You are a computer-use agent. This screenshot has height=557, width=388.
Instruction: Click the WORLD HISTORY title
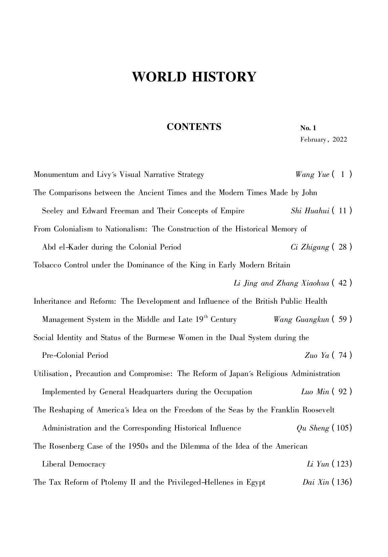click(194, 77)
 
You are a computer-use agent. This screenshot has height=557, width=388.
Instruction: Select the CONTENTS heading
click(194, 127)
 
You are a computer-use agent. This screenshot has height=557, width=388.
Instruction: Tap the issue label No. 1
click(308, 128)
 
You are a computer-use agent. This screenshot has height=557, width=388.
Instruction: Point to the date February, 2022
click(324, 140)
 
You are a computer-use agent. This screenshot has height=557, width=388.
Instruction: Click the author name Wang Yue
click(312, 175)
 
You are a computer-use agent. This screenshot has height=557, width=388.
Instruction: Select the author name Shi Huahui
click(310, 211)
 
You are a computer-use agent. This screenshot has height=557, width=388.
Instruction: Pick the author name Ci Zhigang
click(310, 247)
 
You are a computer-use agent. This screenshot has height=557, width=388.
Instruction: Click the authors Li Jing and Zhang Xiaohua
click(281, 283)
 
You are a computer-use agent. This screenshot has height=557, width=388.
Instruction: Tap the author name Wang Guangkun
click(301, 320)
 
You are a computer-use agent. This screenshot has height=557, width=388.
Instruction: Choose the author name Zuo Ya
click(316, 356)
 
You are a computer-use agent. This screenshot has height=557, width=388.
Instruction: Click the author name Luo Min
click(315, 392)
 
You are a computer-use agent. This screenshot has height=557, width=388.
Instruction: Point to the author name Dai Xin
click(316, 482)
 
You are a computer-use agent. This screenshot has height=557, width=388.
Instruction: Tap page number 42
click(343, 283)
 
